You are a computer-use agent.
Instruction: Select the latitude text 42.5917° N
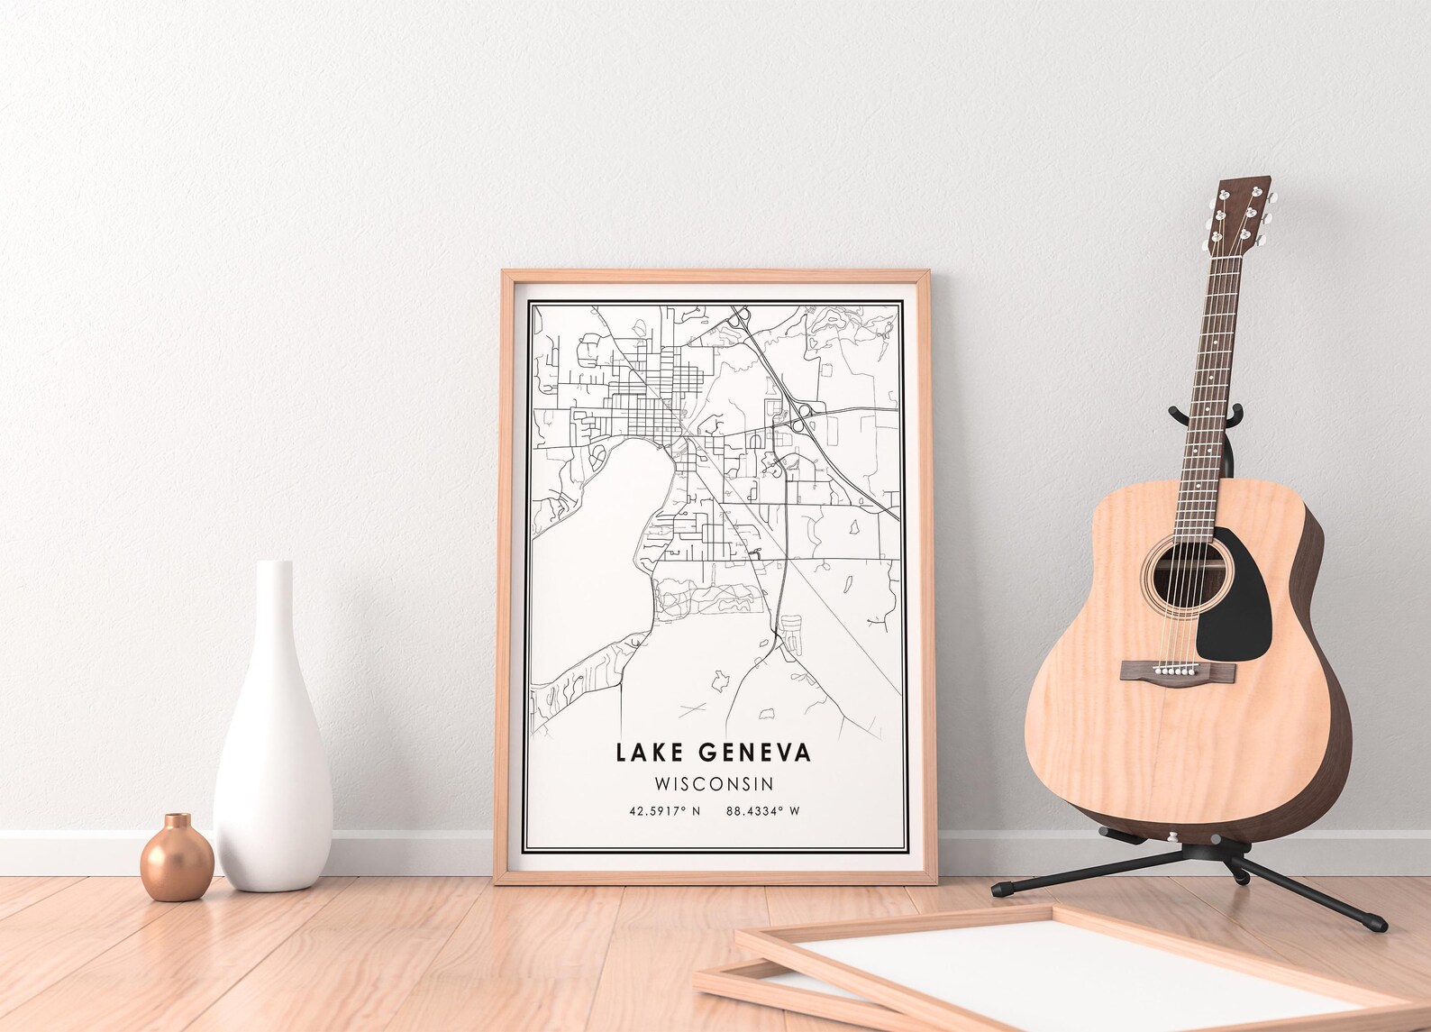tap(664, 811)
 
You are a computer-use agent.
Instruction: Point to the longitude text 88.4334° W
tap(762, 811)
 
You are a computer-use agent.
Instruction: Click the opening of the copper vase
tap(178, 822)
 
